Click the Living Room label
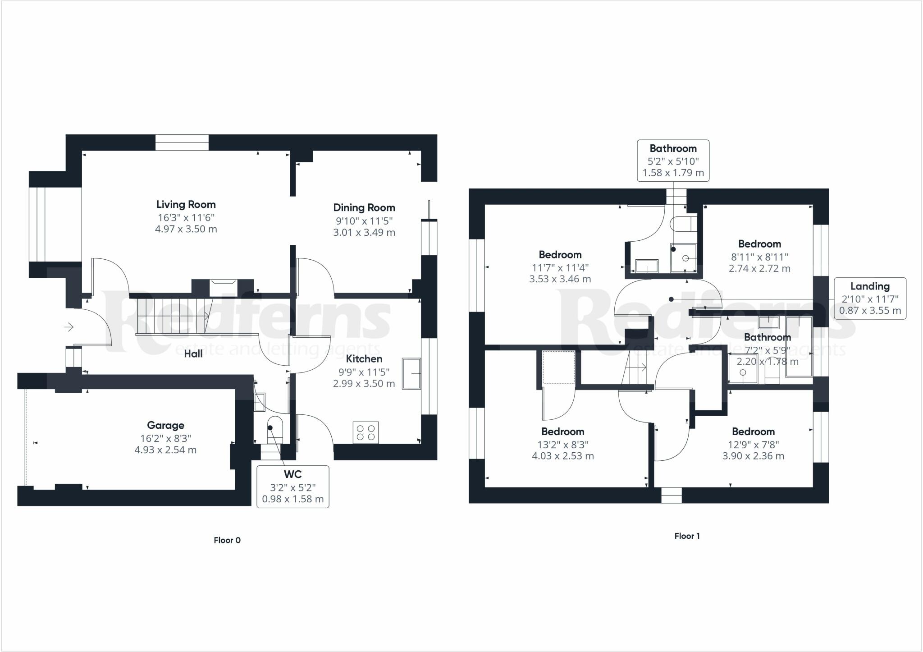tap(186, 205)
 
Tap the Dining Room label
tap(364, 208)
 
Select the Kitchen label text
tap(364, 359)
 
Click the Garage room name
tap(165, 425)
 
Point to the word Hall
tap(193, 354)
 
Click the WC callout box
tap(293, 487)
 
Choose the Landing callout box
tap(870, 298)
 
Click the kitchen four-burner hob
tap(366, 432)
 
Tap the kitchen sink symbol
tap(411, 373)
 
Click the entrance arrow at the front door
tap(69, 326)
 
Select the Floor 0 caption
tap(227, 540)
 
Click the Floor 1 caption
tap(687, 536)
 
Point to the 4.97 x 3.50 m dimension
tap(186, 229)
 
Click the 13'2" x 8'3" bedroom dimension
tap(562, 444)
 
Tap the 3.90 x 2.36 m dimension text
tap(753, 456)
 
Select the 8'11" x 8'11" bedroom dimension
tap(759, 257)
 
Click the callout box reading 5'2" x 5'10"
tap(673, 161)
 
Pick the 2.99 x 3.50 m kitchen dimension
tap(364, 384)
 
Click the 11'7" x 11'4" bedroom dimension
tap(560, 267)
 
